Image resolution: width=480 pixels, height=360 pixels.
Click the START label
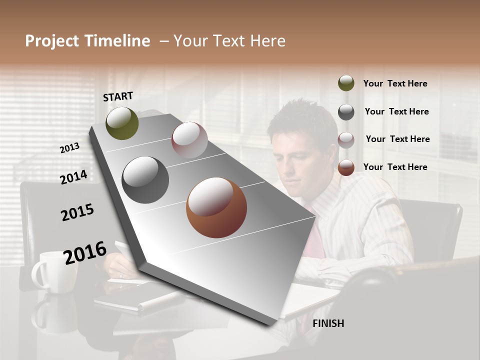point(118,96)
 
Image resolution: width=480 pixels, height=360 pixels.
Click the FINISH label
point(328,323)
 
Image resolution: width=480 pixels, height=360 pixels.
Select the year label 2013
point(70,147)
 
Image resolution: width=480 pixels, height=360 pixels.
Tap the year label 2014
point(73,177)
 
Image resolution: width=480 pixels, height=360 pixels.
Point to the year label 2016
point(85,252)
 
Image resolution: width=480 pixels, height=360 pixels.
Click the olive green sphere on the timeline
point(122,123)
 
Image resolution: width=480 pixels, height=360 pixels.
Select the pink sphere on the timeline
point(189,140)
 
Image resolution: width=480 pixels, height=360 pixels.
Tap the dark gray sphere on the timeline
point(145,180)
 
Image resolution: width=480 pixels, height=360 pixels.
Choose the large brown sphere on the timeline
point(216,207)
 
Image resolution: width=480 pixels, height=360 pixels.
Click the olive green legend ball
point(346,83)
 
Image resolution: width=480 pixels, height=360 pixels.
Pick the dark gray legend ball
point(346,112)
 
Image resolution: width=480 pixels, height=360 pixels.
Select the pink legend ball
point(346,140)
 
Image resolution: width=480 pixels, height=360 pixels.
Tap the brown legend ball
point(346,167)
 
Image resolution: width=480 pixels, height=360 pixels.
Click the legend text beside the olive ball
point(395,83)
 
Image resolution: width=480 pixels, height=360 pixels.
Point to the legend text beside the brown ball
point(395,167)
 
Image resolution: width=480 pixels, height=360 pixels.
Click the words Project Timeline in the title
point(87,41)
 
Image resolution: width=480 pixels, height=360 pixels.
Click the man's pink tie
point(314,235)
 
